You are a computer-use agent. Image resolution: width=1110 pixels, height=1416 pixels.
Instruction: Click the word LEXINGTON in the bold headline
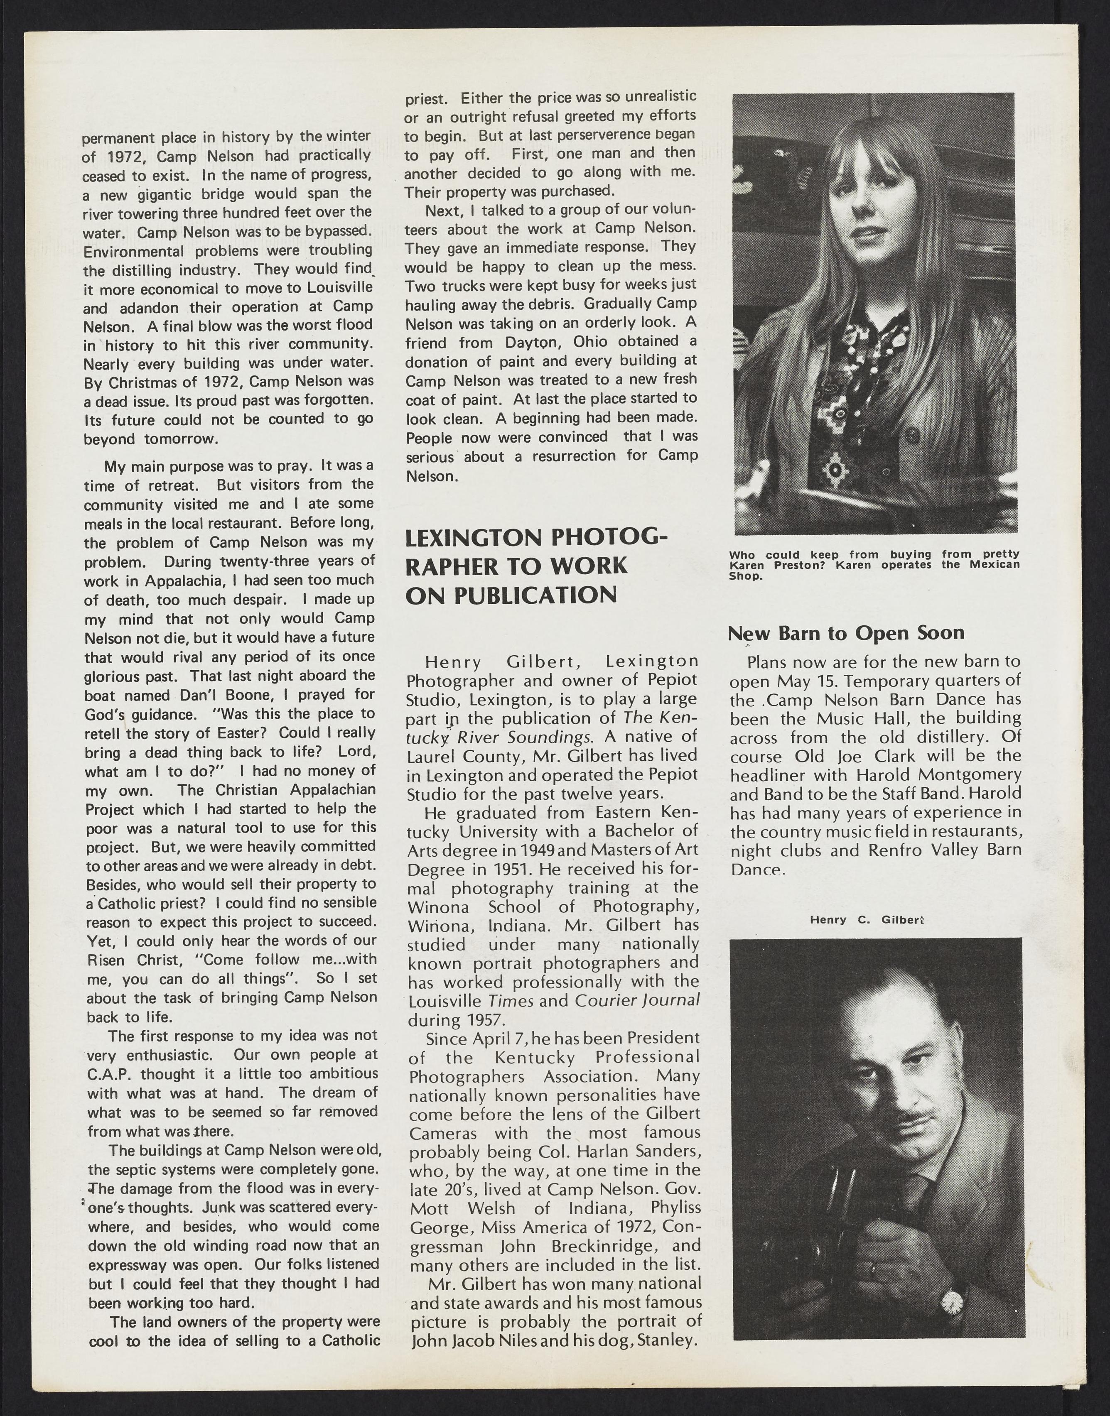472,539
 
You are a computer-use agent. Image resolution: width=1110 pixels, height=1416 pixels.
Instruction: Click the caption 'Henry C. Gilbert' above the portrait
867,920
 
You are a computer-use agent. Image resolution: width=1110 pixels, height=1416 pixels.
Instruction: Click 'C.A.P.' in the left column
108,1074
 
